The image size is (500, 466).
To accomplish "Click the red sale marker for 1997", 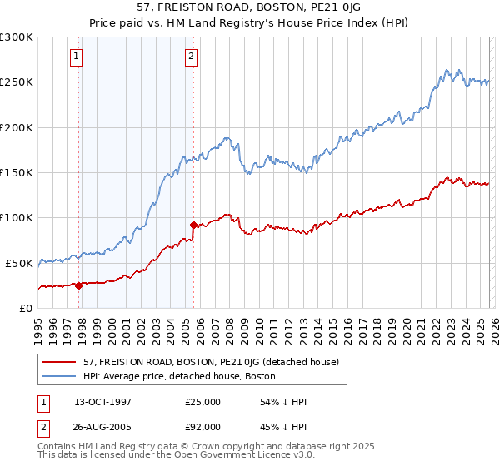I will [78, 285].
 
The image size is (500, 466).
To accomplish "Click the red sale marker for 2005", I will [194, 225].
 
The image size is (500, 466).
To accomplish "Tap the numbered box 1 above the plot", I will [76, 57].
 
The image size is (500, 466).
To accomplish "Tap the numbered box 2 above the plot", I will [192, 57].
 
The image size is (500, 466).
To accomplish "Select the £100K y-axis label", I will [17, 218].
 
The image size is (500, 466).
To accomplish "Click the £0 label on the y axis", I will [26, 308].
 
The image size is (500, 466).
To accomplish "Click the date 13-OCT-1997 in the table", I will [102, 402].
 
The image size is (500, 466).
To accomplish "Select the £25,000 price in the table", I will [202, 402].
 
